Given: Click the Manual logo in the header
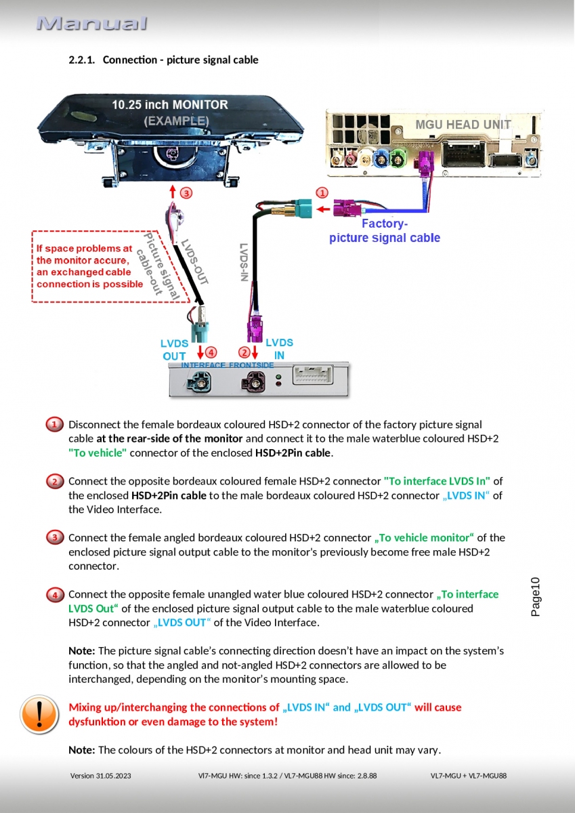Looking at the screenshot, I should click(92, 24).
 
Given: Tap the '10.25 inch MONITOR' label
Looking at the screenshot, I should click(170, 105).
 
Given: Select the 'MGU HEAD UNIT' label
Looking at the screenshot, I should click(463, 125).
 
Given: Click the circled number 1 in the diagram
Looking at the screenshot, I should click(322, 192).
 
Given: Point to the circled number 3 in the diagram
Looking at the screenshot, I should click(186, 192).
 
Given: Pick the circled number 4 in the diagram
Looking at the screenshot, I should click(211, 352).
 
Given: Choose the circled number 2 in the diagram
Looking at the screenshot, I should click(244, 352).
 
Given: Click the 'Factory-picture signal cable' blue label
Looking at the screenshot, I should click(384, 230).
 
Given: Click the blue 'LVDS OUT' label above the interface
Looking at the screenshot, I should click(174, 350).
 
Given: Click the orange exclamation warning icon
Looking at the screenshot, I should click(39, 714).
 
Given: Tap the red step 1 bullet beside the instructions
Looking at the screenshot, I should click(55, 425).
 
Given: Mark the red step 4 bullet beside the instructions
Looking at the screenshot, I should click(55, 595).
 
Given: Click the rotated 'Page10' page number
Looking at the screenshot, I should click(535, 596).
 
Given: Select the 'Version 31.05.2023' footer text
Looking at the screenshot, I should click(100, 775).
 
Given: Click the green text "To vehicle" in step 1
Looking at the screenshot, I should click(98, 453).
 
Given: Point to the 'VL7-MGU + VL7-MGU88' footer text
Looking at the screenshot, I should click(468, 775).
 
